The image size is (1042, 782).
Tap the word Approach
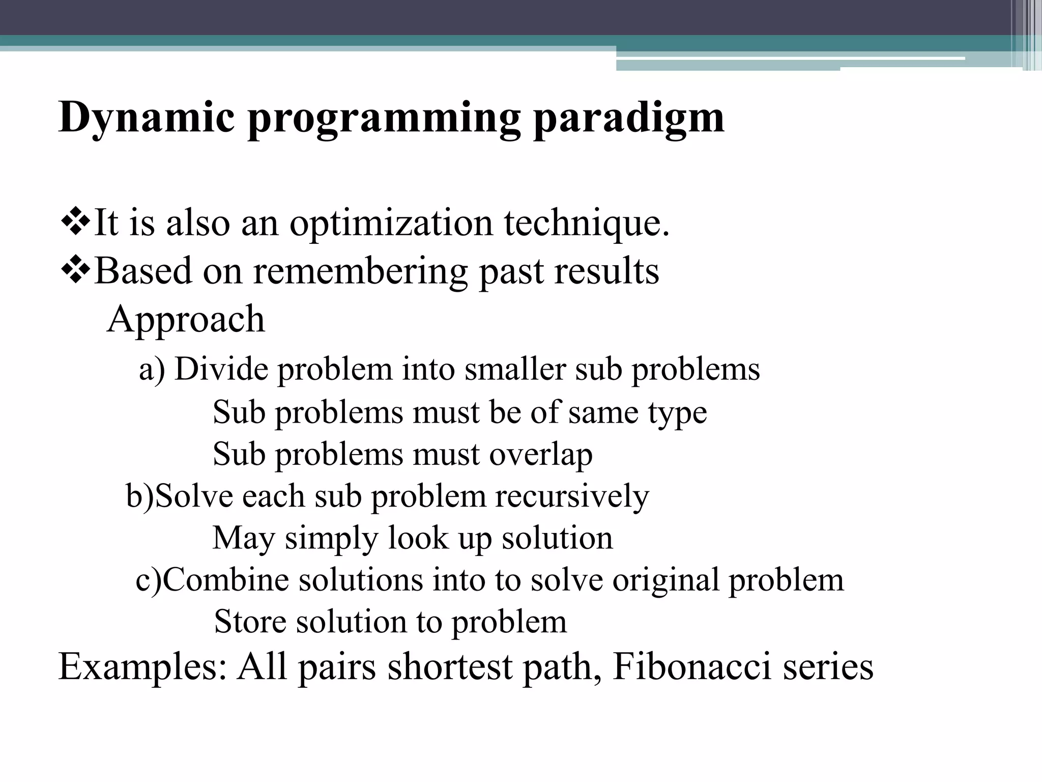click(186, 319)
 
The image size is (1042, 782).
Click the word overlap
click(541, 454)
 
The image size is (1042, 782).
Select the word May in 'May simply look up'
click(243, 538)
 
